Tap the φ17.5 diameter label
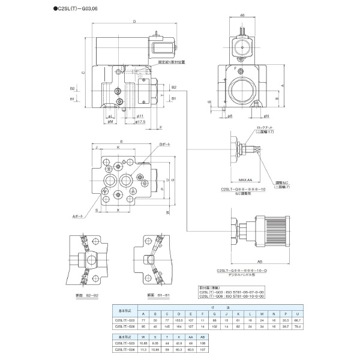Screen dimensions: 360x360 pos(142,122)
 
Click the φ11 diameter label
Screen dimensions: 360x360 pos(139,115)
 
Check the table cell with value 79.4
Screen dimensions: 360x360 pos(298,328)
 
